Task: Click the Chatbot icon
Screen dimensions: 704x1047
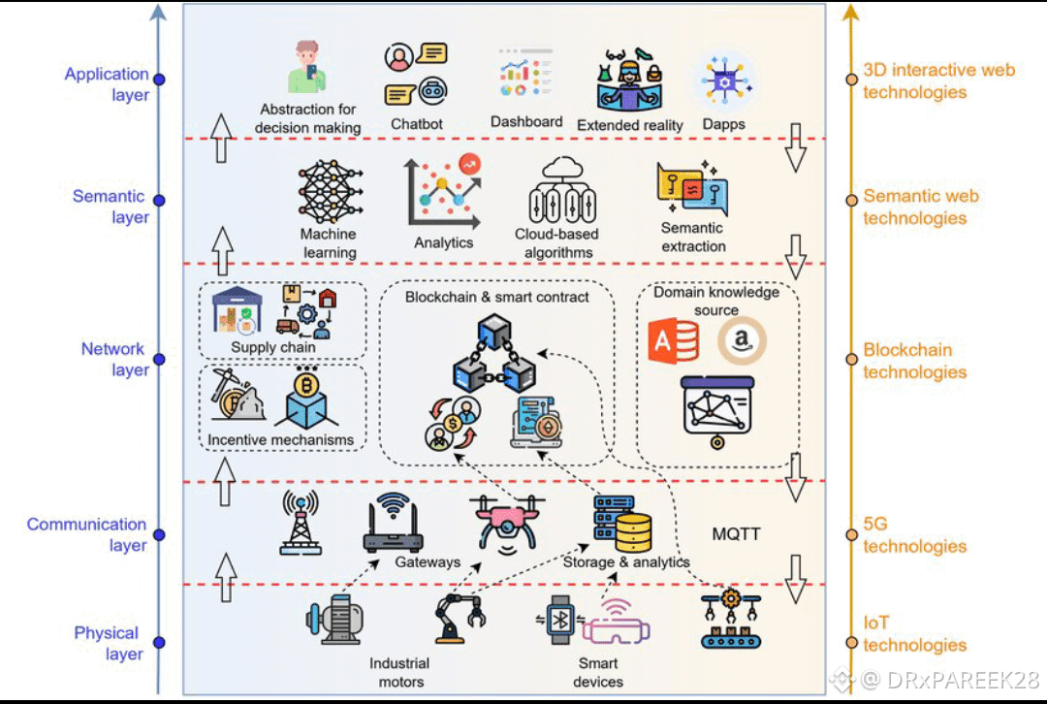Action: click(416, 74)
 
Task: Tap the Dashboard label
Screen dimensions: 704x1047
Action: click(526, 122)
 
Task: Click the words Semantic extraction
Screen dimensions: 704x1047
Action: click(692, 238)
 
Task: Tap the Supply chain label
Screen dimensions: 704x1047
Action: click(273, 347)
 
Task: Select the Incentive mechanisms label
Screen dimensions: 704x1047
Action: click(281, 440)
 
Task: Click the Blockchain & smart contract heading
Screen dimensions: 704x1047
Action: click(497, 297)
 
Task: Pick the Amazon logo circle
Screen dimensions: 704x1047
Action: click(743, 341)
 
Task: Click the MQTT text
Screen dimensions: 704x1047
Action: click(737, 534)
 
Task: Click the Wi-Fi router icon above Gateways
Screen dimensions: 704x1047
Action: click(393, 524)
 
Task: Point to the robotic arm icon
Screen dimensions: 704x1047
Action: click(457, 617)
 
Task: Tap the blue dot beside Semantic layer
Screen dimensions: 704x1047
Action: click(159, 202)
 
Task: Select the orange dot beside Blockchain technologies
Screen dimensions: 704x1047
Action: click(851, 359)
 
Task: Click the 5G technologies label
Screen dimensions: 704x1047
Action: click(914, 535)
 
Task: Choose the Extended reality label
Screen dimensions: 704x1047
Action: click(630, 125)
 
